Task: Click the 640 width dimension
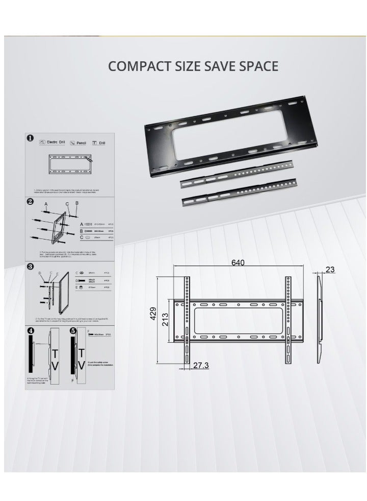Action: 238,263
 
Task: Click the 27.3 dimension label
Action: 201,366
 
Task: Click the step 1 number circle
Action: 31,138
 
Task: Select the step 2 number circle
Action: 31,202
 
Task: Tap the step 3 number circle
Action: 31,267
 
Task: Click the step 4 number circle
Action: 31,331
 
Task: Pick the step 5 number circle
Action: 73,331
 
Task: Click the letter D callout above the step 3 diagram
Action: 40,273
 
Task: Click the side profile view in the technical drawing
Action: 319,317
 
